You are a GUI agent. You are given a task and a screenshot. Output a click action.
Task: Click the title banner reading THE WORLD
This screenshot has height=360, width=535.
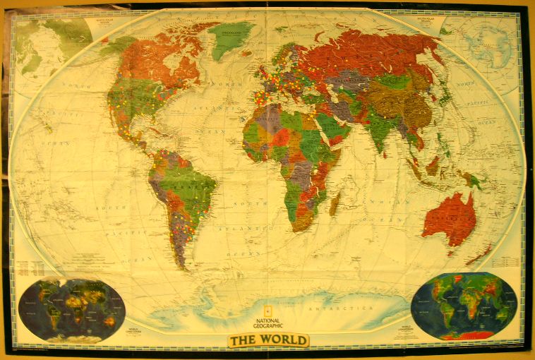pyautogui.click(x=268, y=340)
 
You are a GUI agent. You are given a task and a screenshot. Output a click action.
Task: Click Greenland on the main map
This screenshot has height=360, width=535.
pyautogui.click(x=230, y=39)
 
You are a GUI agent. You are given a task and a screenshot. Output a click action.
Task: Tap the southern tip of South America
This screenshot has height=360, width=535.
pyautogui.click(x=185, y=265)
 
